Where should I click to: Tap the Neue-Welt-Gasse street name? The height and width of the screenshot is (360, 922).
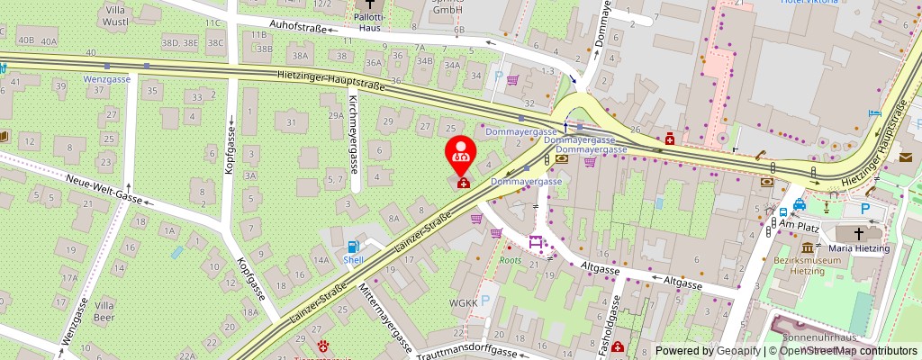coord(104,187)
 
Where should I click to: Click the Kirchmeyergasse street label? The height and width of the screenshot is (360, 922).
coord(354,134)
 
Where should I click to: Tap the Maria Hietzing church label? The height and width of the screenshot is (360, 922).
coord(859,248)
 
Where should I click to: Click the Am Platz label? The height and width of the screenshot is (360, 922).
coord(798,223)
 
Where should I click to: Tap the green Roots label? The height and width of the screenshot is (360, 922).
coord(511,261)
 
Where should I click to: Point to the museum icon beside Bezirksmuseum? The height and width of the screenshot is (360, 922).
coord(807,248)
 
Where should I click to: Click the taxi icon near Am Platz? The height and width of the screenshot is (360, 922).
coord(800,204)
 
